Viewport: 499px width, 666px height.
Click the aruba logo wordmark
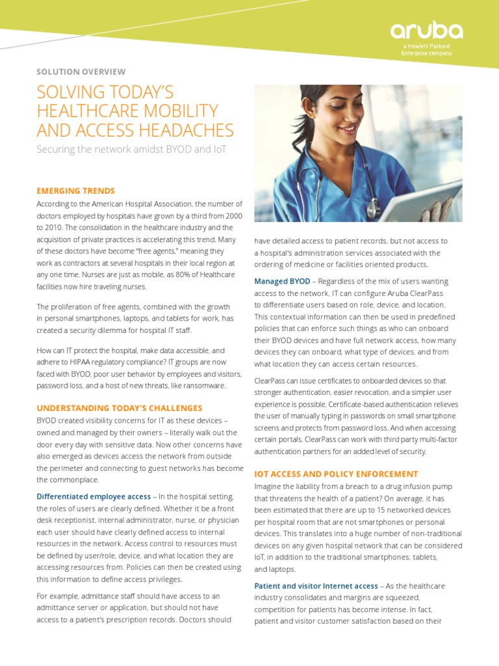[x=426, y=31]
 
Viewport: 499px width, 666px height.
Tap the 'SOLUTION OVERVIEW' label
[x=81, y=72]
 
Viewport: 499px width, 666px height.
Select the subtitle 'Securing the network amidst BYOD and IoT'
[x=131, y=150]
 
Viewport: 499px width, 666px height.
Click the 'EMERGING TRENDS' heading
[x=75, y=191]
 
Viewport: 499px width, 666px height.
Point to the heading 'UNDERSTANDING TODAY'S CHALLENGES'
[x=120, y=408]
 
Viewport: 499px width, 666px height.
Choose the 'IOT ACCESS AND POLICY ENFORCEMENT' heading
[x=336, y=474]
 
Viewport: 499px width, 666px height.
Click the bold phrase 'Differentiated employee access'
[x=92, y=497]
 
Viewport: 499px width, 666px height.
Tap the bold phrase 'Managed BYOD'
[x=282, y=281]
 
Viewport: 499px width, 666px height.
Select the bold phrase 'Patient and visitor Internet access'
[x=316, y=586]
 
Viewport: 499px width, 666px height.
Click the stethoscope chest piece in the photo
[x=374, y=209]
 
